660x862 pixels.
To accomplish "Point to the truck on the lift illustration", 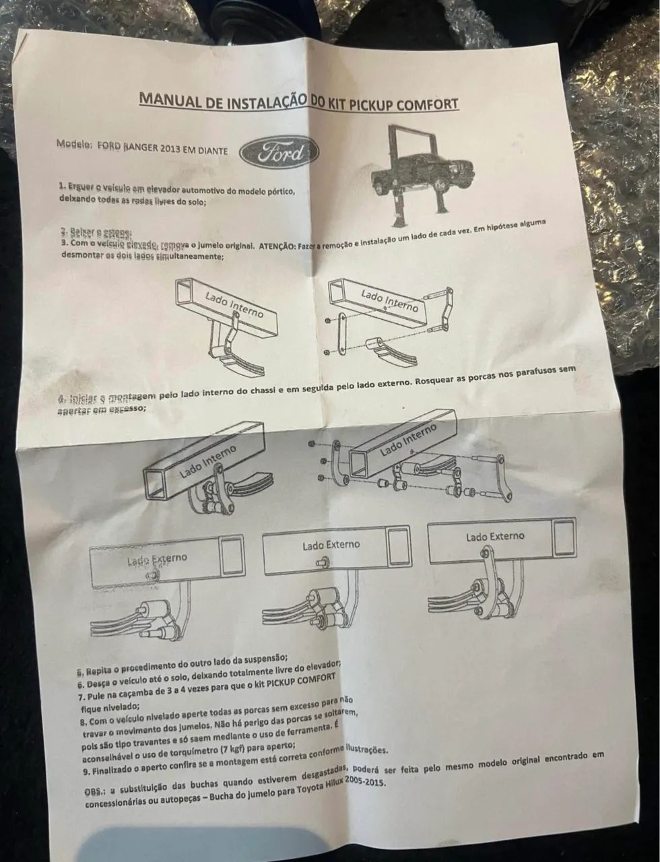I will [x=409, y=172].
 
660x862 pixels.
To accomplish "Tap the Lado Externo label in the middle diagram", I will [x=331, y=545].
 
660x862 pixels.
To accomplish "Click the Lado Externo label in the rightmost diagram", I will [x=494, y=537].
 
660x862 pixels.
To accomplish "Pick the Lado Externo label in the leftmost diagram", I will [x=157, y=559].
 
